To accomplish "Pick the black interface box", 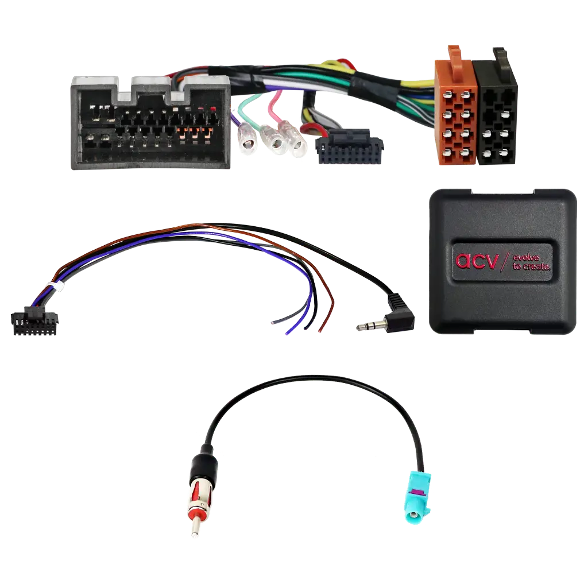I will click(502, 261).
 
